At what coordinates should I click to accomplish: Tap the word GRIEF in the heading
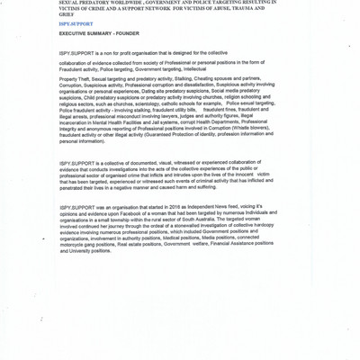pos(67,14)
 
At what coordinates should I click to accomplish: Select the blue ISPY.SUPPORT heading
pos(76,23)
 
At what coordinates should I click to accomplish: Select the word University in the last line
pos(75,250)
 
